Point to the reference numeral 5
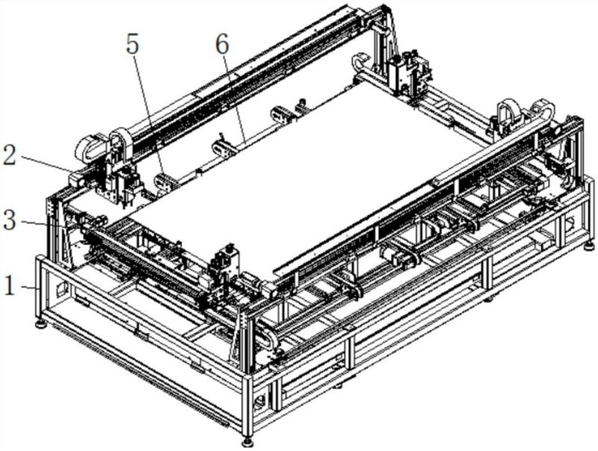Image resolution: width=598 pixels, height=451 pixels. pos(132,44)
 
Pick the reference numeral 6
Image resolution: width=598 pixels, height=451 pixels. pos(222,44)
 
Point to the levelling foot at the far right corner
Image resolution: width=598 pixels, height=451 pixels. pos(590,243)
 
